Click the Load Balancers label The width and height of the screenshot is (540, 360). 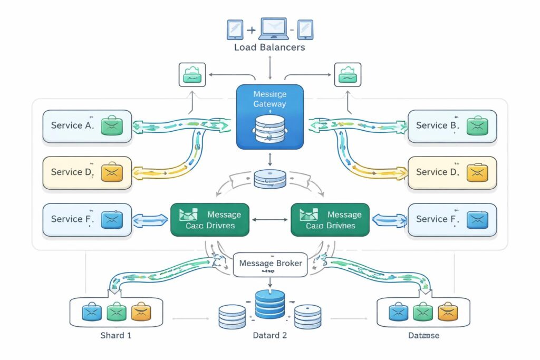pos(269,47)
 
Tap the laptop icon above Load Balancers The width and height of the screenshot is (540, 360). pos(270,30)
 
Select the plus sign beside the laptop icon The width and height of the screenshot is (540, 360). pos(251,30)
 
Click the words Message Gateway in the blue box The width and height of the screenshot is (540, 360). pos(269,99)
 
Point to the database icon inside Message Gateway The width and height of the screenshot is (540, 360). pos(269,128)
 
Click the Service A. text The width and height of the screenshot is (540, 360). pos(72,125)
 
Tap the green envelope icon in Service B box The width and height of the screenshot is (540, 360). pos(477,125)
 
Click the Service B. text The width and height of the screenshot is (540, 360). pos(438,125)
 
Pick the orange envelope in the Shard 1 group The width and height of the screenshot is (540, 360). pos(141,312)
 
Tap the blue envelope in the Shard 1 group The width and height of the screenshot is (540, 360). pos(92,312)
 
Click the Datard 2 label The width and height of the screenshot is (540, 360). pos(269,336)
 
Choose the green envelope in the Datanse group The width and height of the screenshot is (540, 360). pos(423,312)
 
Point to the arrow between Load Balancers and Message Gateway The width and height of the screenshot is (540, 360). pos(270,67)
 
